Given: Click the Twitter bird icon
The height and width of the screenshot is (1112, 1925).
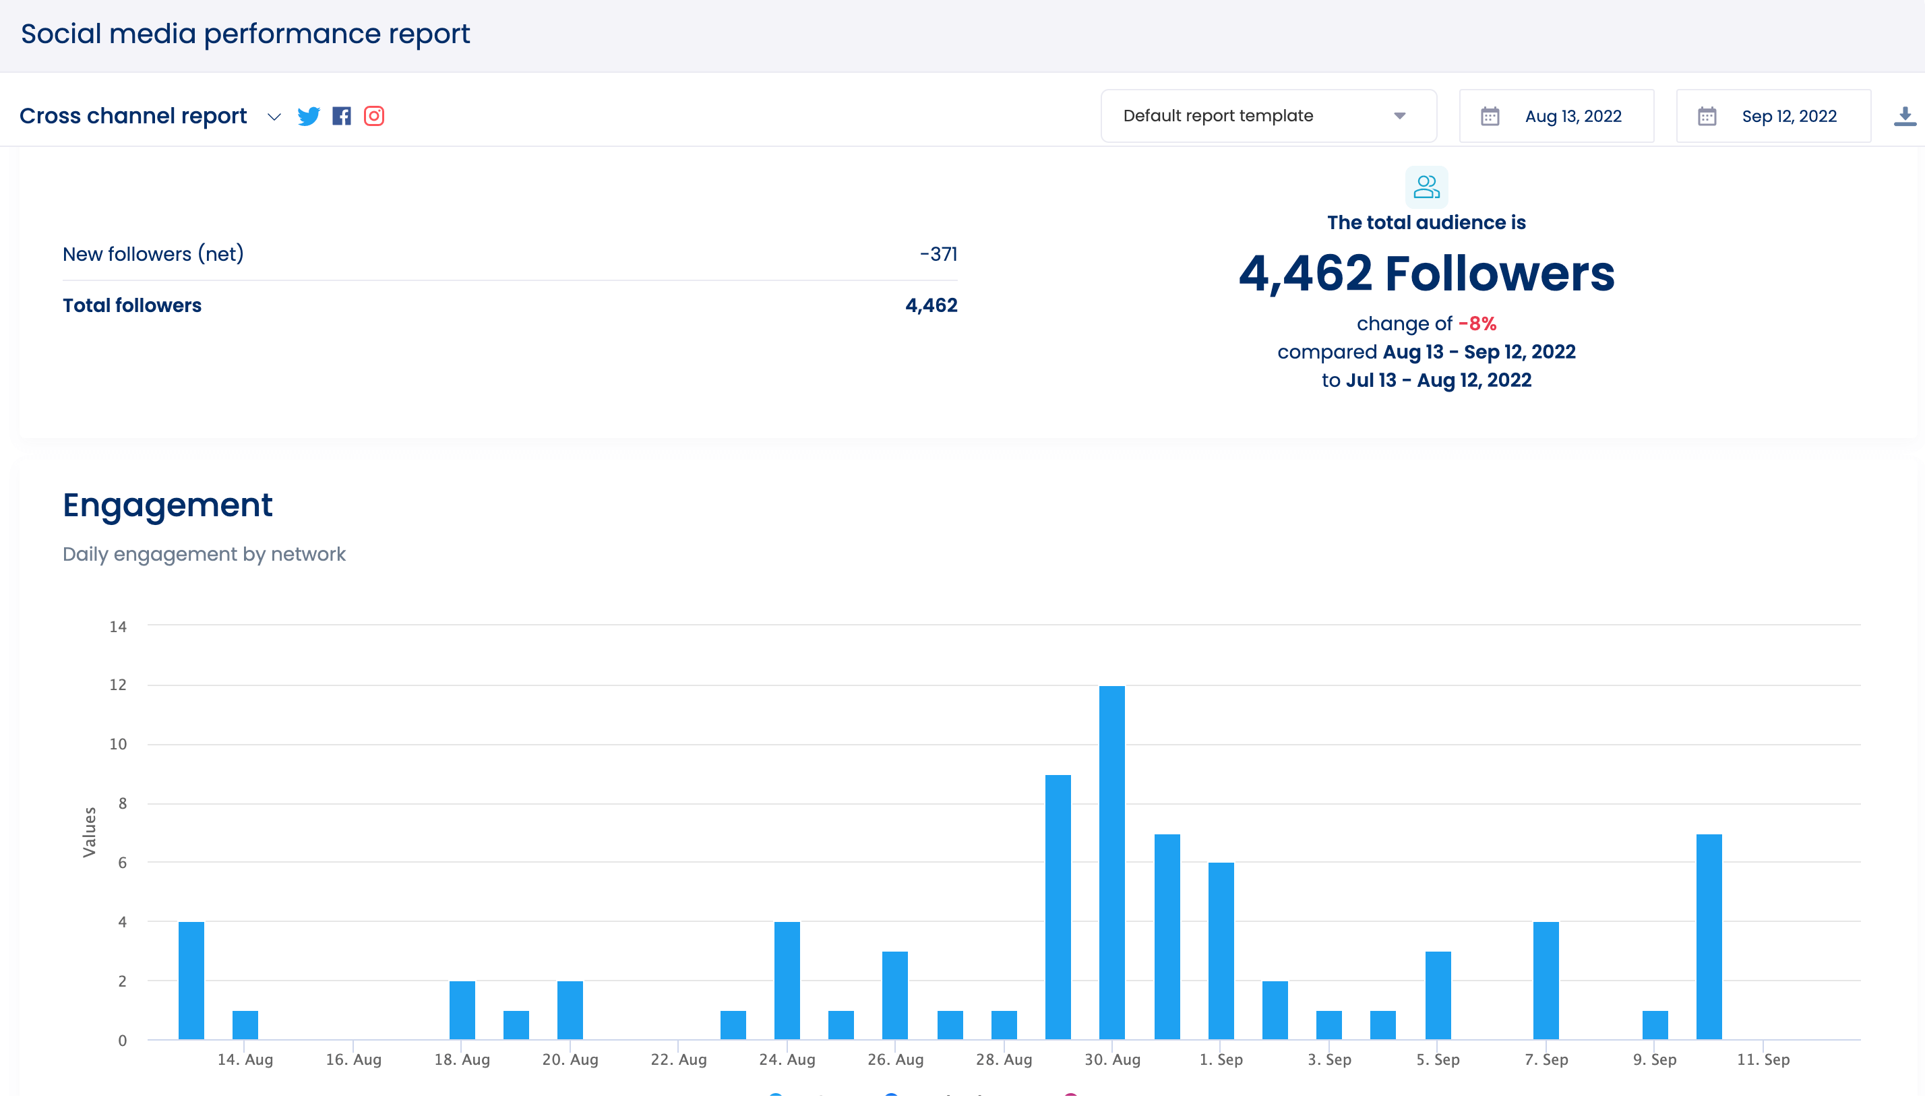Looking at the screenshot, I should pos(309,116).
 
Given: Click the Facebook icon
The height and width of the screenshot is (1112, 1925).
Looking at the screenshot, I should pos(341,116).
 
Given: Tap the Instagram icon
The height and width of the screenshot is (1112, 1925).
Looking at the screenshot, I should pos(374,116).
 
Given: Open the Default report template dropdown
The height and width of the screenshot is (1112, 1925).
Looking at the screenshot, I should pos(1269,116).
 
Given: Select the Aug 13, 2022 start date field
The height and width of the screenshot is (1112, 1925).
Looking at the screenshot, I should pos(1556,116).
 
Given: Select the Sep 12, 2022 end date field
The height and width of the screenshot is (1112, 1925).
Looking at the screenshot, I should pos(1773,116).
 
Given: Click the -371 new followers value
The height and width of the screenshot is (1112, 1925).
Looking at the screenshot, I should pos(938,254).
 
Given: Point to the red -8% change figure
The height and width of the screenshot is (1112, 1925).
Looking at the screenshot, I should pos(1477,323).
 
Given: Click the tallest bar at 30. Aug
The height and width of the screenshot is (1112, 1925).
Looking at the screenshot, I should pos(1111,863).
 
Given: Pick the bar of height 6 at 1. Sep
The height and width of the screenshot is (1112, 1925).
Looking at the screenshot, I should pos(1221,951).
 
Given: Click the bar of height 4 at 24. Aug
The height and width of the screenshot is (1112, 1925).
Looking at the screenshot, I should pos(787,981).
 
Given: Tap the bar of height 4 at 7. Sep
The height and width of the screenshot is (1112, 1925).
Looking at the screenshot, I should pos(1546,981).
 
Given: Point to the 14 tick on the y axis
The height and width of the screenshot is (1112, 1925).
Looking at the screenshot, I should pos(117,627).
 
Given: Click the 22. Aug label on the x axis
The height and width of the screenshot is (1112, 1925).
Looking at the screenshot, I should pos(678,1060).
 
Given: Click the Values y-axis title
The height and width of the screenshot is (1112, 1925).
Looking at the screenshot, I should pos(90,832).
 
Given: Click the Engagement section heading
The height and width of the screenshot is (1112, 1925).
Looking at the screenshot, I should pos(167,505).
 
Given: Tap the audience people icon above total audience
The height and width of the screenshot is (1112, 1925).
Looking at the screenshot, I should pos(1426,187).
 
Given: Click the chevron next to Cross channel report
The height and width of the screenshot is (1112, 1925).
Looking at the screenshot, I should pos(274,117).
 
